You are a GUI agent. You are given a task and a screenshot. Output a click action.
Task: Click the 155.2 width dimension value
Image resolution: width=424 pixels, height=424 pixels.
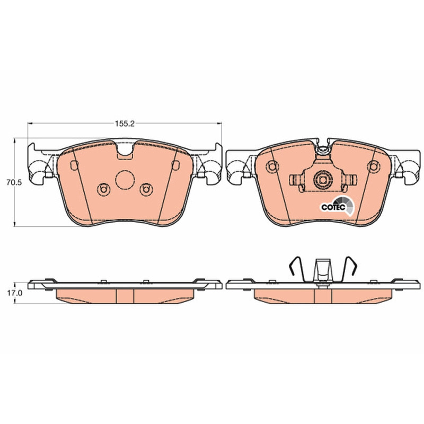coord(125,124)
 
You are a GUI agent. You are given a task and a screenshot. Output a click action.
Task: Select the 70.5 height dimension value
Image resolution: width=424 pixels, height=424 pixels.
coord(14,182)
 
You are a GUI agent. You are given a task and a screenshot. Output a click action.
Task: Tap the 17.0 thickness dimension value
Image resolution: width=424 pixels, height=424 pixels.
coord(15,293)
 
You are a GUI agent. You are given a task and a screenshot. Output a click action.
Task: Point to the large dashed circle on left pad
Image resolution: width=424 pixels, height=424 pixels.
coord(125,180)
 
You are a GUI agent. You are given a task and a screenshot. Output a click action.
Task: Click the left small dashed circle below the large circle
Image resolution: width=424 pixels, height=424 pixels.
coord(103,189)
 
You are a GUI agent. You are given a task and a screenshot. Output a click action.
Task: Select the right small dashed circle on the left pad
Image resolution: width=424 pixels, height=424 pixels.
coord(146,189)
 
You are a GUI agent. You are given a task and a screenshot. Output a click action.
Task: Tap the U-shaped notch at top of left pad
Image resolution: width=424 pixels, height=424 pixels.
coord(125,150)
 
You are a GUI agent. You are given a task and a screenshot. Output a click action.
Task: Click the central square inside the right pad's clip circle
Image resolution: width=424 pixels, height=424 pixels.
coord(323,180)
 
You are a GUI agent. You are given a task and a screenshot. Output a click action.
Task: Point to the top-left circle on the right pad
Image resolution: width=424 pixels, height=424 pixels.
coord(272,166)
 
